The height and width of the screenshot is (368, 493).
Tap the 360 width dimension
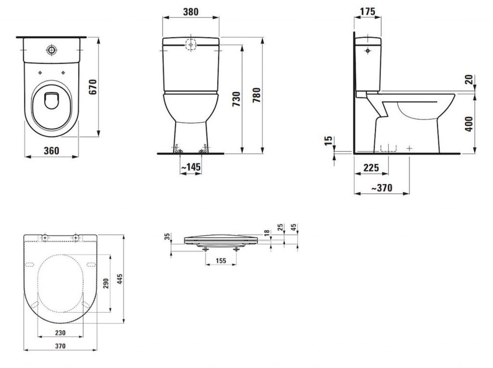[x=51, y=151]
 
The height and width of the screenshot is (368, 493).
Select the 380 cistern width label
[x=191, y=12]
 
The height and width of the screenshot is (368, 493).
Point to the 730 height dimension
[x=236, y=99]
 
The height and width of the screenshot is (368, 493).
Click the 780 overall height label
[x=257, y=95]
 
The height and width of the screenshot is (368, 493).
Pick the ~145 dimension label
[x=191, y=167]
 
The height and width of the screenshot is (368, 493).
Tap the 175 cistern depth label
[x=367, y=12]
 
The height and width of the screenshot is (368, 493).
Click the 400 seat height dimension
[x=469, y=124]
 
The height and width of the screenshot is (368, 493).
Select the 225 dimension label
[x=371, y=168]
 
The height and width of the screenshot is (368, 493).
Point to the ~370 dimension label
[x=382, y=188]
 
